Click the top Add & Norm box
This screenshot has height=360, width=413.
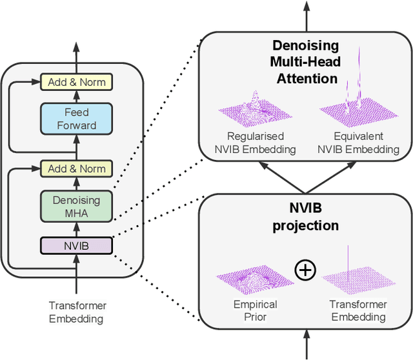pyautogui.click(x=76, y=82)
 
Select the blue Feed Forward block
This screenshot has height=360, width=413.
pyautogui.click(x=76, y=119)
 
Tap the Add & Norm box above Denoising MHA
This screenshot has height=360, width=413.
pyautogui.click(x=76, y=168)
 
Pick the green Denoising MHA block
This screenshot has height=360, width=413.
pyautogui.click(x=76, y=206)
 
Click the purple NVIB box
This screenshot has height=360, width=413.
pyautogui.click(x=76, y=246)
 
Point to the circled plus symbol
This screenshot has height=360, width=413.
pyautogui.click(x=305, y=270)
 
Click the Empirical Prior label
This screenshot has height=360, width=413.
pyautogui.click(x=256, y=310)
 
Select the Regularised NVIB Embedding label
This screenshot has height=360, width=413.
pyautogui.click(x=256, y=143)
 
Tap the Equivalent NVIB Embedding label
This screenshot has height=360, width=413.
pyautogui.click(x=359, y=143)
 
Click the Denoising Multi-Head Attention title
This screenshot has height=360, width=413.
pyautogui.click(x=305, y=62)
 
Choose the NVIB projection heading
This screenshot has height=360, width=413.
pyautogui.click(x=305, y=217)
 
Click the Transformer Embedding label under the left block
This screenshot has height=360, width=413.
pyautogui.click(x=77, y=312)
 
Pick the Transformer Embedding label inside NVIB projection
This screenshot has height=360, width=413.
pyautogui.click(x=358, y=310)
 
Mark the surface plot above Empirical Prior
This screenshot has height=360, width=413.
pyautogui.click(x=255, y=280)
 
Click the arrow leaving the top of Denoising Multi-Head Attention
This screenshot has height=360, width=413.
pyautogui.click(x=307, y=16)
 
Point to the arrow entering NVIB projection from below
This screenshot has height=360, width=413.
pyautogui.click(x=307, y=345)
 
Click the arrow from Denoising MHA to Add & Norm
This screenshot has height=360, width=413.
pyautogui.click(x=76, y=184)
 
